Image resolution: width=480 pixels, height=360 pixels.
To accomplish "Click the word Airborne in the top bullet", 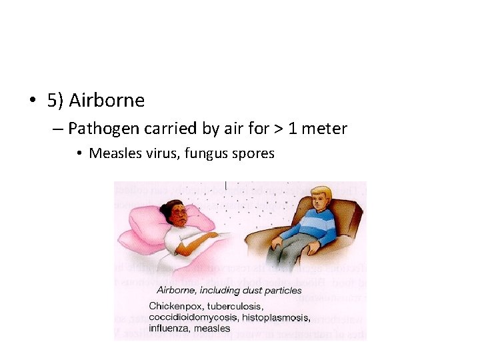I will pos(107,101).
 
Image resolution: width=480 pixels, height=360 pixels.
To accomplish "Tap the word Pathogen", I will pos(99,128).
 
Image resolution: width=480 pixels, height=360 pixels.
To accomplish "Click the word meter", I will pos(325,128).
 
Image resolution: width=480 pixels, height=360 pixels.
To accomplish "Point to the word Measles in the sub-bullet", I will pos(112,153).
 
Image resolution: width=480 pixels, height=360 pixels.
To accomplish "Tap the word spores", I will pos(252,153).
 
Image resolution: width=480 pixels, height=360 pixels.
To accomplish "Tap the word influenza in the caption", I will pos(169,327).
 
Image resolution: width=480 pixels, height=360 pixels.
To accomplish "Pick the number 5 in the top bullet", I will pos(52,101).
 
